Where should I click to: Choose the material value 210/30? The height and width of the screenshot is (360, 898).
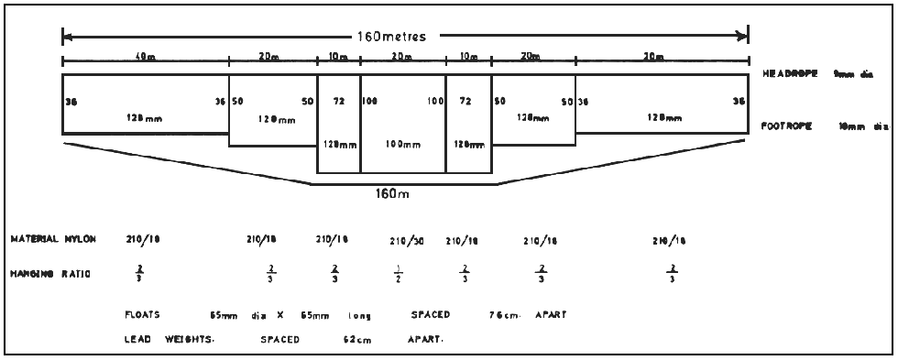coord(406,241)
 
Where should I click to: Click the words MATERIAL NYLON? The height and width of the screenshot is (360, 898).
coord(53,239)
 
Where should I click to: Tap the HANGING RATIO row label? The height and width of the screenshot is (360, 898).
coord(50,272)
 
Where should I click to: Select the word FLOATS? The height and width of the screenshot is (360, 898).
coord(143,315)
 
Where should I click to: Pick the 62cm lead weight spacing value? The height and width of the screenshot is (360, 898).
coord(353,338)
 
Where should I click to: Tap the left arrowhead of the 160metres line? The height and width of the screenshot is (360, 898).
coord(66,38)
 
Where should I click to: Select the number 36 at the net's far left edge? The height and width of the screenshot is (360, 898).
coord(70,102)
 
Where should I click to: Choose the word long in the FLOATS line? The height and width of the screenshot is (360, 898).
coord(359,315)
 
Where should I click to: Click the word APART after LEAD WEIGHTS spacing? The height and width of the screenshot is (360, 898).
coord(426,338)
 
